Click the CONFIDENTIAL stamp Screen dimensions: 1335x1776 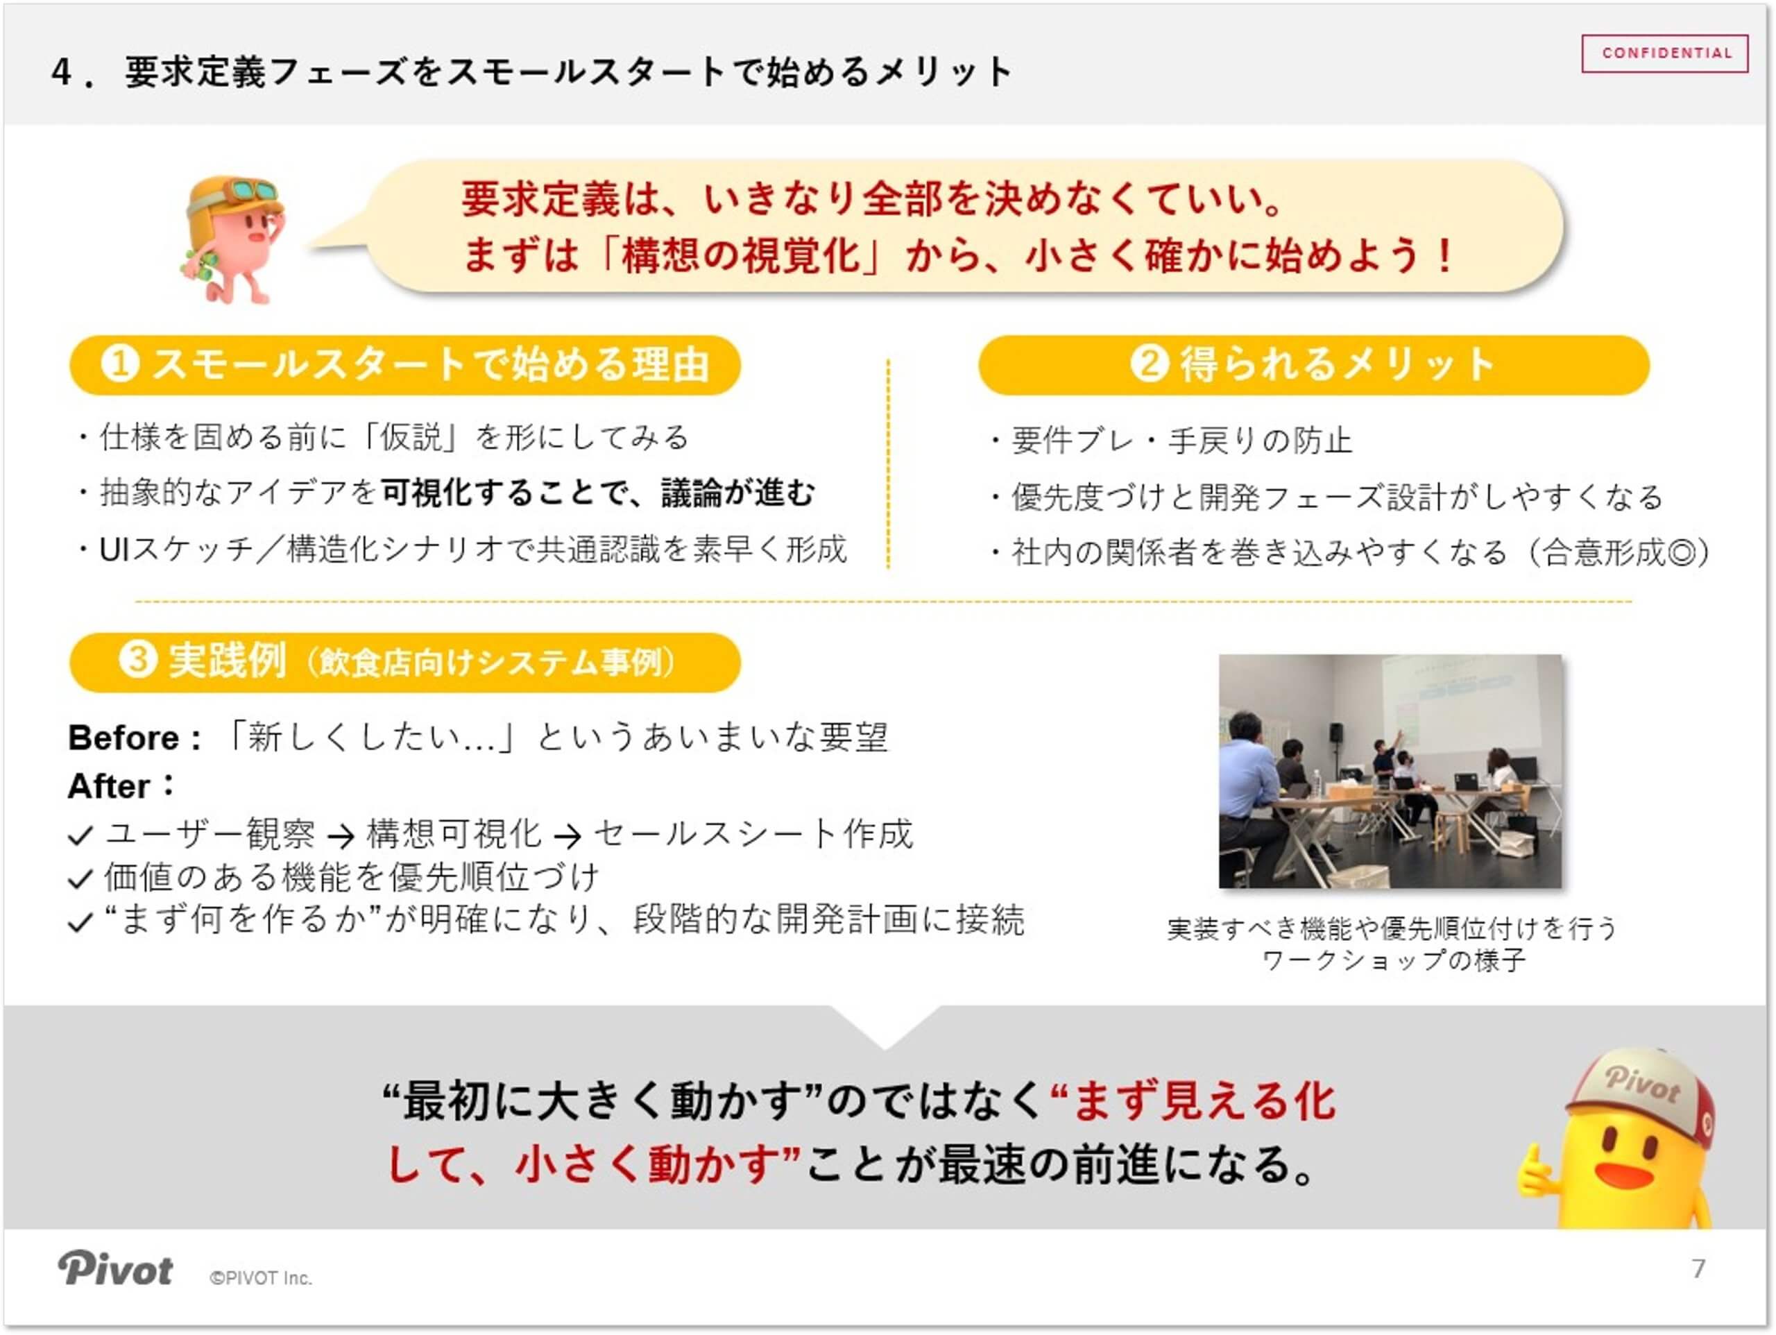(1664, 54)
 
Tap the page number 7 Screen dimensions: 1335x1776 (1698, 1269)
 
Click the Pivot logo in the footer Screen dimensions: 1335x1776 (114, 1270)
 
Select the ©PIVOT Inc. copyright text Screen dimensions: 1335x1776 (260, 1278)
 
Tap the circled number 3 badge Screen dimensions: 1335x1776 (137, 661)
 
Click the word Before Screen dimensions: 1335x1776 (123, 738)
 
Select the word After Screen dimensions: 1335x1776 (109, 787)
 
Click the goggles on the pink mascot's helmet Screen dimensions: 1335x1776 (251, 192)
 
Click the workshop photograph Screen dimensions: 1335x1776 (1390, 771)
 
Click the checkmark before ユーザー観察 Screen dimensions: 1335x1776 (81, 836)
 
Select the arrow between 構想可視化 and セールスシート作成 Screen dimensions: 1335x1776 (567, 837)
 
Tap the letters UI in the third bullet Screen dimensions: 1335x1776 (114, 550)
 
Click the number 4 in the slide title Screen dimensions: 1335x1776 (62, 73)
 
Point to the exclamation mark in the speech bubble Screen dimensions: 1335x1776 (1445, 256)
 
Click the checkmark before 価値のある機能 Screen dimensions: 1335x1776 (81, 878)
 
